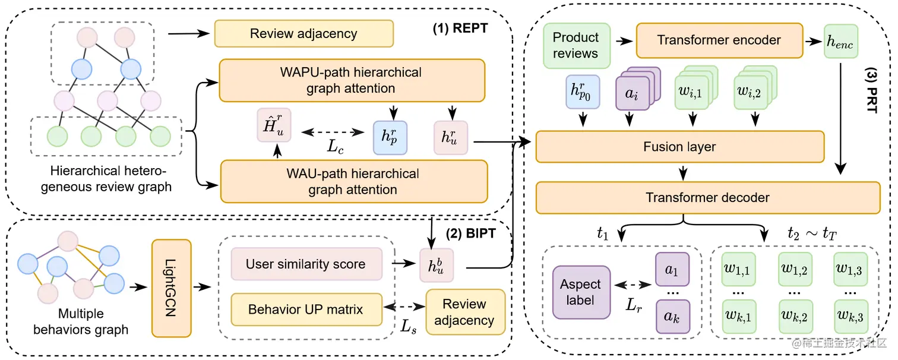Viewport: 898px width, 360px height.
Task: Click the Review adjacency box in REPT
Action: (303, 33)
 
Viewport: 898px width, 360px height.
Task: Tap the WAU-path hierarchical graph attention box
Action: (353, 182)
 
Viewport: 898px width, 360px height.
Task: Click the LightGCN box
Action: (172, 288)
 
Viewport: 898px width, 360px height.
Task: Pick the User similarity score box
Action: (305, 264)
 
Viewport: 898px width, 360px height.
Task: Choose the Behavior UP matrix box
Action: (305, 310)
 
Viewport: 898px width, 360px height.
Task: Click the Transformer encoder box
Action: (719, 40)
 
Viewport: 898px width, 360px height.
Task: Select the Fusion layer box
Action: (679, 147)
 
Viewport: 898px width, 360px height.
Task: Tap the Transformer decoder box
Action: (707, 198)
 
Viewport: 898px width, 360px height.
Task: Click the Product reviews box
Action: (576, 45)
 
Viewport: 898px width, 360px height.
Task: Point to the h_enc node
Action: (841, 41)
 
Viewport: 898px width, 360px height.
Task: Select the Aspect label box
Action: (581, 292)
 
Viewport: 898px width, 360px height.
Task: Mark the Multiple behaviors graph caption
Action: (81, 321)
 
